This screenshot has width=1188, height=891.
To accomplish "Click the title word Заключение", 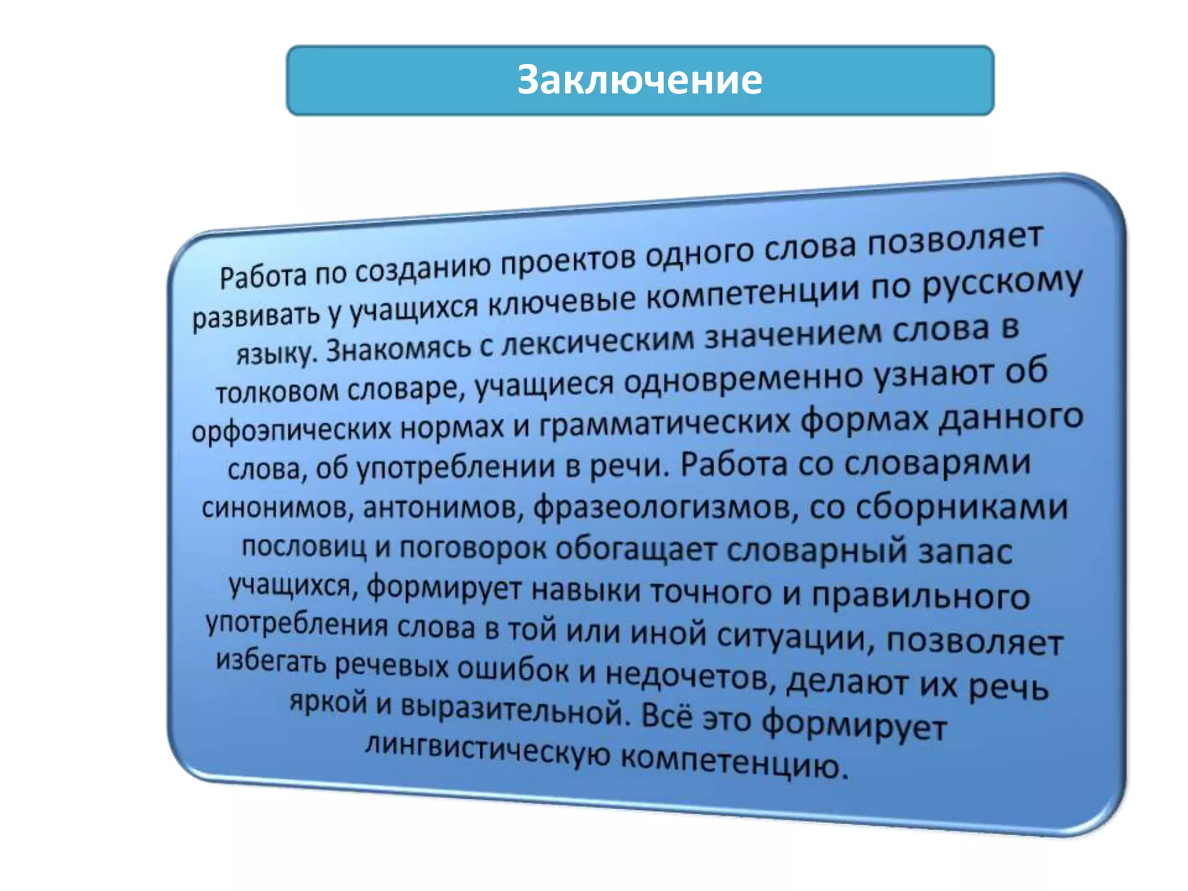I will click(639, 80).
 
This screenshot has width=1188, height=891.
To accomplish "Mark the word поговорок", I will click(473, 548).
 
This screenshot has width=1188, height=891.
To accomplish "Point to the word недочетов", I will click(690, 676).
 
